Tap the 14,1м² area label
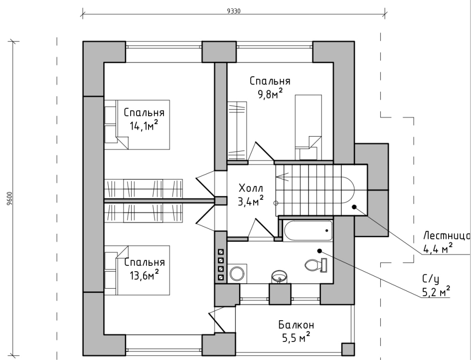click(x=144, y=125)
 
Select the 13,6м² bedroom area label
click(x=144, y=275)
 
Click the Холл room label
click(x=250, y=188)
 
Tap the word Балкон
click(x=296, y=325)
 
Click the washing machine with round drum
click(x=236, y=273)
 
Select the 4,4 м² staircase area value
click(x=438, y=248)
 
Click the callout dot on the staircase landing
click(x=354, y=206)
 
